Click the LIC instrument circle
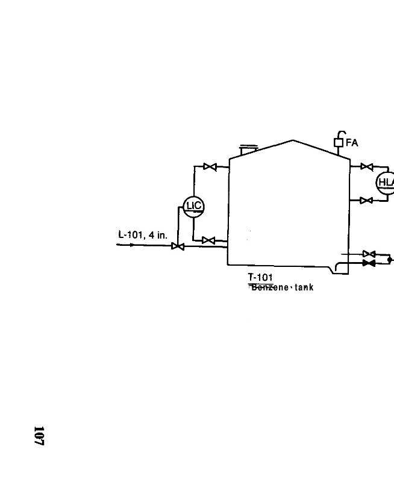pos(194,206)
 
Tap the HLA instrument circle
pos(386,183)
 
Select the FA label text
pos(352,143)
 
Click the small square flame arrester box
pos(339,143)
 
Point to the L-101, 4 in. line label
pos(143,235)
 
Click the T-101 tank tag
pos(260,277)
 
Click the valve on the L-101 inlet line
pos(178,246)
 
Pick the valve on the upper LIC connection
pos(210,167)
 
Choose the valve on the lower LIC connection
pos(208,240)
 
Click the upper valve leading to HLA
pos(366,167)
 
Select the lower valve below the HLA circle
pos(366,201)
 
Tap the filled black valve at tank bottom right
pos(369,263)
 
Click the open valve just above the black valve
pos(369,254)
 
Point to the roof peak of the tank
pos(293,140)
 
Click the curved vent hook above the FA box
pos(341,133)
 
